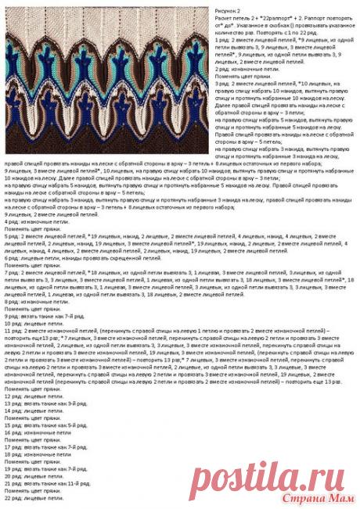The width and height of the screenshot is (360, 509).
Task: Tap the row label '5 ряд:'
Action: pyautogui.click(x=13, y=235)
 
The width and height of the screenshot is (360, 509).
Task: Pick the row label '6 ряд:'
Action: pyautogui.click(x=13, y=258)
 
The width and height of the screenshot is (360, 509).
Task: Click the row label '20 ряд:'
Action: pyautogui.click(x=14, y=475)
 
